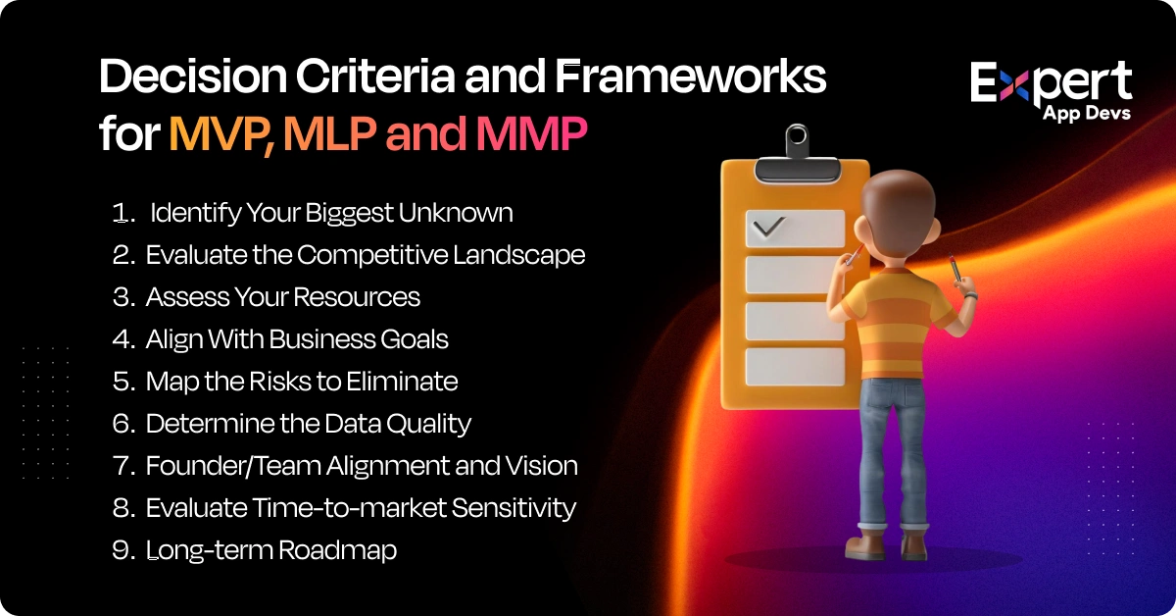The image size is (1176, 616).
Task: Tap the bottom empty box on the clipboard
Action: (795, 366)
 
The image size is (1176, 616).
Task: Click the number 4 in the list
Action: (122, 339)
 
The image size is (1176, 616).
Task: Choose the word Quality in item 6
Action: (427, 424)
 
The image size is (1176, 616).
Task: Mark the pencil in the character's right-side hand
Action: (955, 270)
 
